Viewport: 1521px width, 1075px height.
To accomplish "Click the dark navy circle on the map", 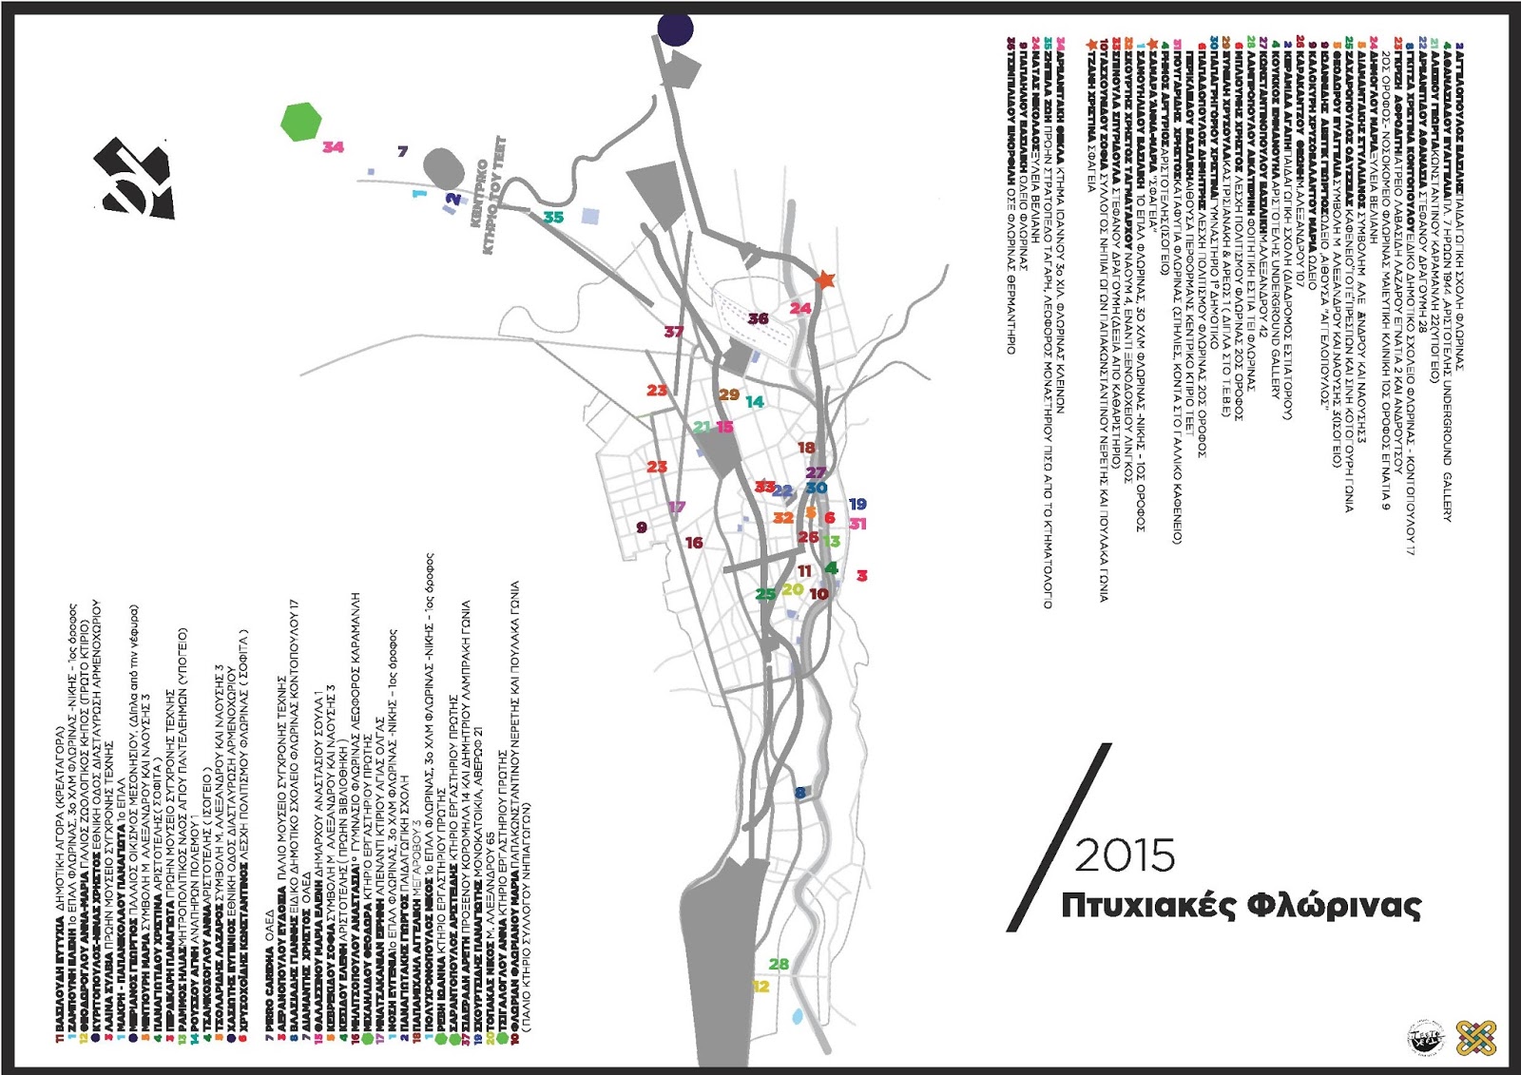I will (675, 29).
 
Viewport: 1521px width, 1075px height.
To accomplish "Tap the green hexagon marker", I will (302, 122).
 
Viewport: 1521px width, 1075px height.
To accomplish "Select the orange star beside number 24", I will (825, 279).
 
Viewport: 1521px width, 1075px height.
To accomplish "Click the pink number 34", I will (333, 146).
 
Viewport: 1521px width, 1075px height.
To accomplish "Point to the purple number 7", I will (402, 151).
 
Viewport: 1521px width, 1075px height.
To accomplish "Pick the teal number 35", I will (553, 218).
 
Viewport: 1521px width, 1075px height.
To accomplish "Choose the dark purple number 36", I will (758, 318).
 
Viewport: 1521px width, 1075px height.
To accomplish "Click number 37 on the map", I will (674, 332).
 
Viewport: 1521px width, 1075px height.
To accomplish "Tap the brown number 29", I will (729, 394).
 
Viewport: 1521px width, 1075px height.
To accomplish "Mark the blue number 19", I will (857, 504).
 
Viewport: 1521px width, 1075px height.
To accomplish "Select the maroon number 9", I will (642, 528).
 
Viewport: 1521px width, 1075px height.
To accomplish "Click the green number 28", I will (779, 964).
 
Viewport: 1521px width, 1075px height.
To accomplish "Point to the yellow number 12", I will (760, 987).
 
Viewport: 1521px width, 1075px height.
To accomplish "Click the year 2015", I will (1125, 855).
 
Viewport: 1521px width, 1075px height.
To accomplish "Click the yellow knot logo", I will (1476, 1037).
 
